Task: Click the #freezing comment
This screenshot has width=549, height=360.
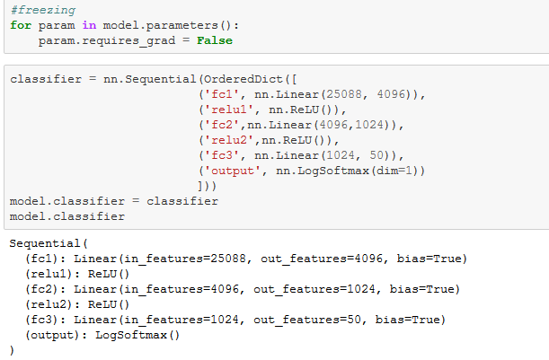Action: click(x=38, y=10)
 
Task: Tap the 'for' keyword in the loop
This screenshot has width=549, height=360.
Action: click(x=21, y=25)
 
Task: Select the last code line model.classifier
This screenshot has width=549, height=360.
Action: click(x=66, y=216)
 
